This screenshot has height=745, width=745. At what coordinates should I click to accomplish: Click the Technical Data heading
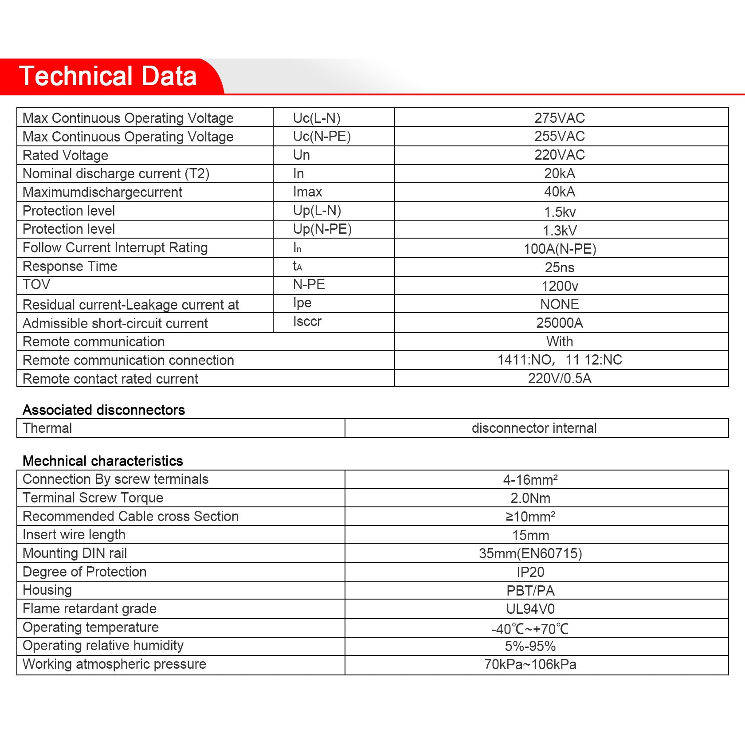click(x=108, y=76)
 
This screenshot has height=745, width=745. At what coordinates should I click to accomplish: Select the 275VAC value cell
click(x=559, y=118)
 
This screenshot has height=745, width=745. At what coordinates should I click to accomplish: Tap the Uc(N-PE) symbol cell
click(x=322, y=137)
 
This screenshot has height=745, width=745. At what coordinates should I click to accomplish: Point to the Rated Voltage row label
click(x=65, y=155)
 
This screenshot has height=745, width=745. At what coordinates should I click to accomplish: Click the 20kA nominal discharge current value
click(x=559, y=173)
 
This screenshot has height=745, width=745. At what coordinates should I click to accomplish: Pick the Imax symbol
click(x=307, y=192)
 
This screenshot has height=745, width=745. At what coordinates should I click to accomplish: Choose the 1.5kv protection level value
click(x=560, y=212)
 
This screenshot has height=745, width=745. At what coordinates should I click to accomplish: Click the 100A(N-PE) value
click(x=560, y=249)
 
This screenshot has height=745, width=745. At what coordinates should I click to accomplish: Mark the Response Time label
click(x=70, y=266)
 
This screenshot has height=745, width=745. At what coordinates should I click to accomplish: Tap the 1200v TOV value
click(x=560, y=286)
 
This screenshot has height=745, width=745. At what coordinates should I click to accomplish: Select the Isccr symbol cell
click(x=307, y=322)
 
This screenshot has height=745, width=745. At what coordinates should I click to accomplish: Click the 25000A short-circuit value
click(x=559, y=323)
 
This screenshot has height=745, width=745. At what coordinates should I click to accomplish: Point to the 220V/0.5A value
click(x=559, y=378)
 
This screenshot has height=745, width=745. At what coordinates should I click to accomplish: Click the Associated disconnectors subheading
click(x=103, y=410)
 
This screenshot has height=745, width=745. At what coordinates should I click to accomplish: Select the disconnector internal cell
click(x=534, y=428)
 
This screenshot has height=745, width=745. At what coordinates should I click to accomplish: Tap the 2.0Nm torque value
click(x=530, y=498)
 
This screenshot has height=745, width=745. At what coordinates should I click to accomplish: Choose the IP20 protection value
click(x=530, y=572)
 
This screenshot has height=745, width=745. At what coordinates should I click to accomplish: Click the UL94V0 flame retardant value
click(x=530, y=609)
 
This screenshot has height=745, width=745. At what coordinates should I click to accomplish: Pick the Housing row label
click(x=47, y=590)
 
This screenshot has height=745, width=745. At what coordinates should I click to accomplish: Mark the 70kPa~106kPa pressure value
click(x=530, y=664)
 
